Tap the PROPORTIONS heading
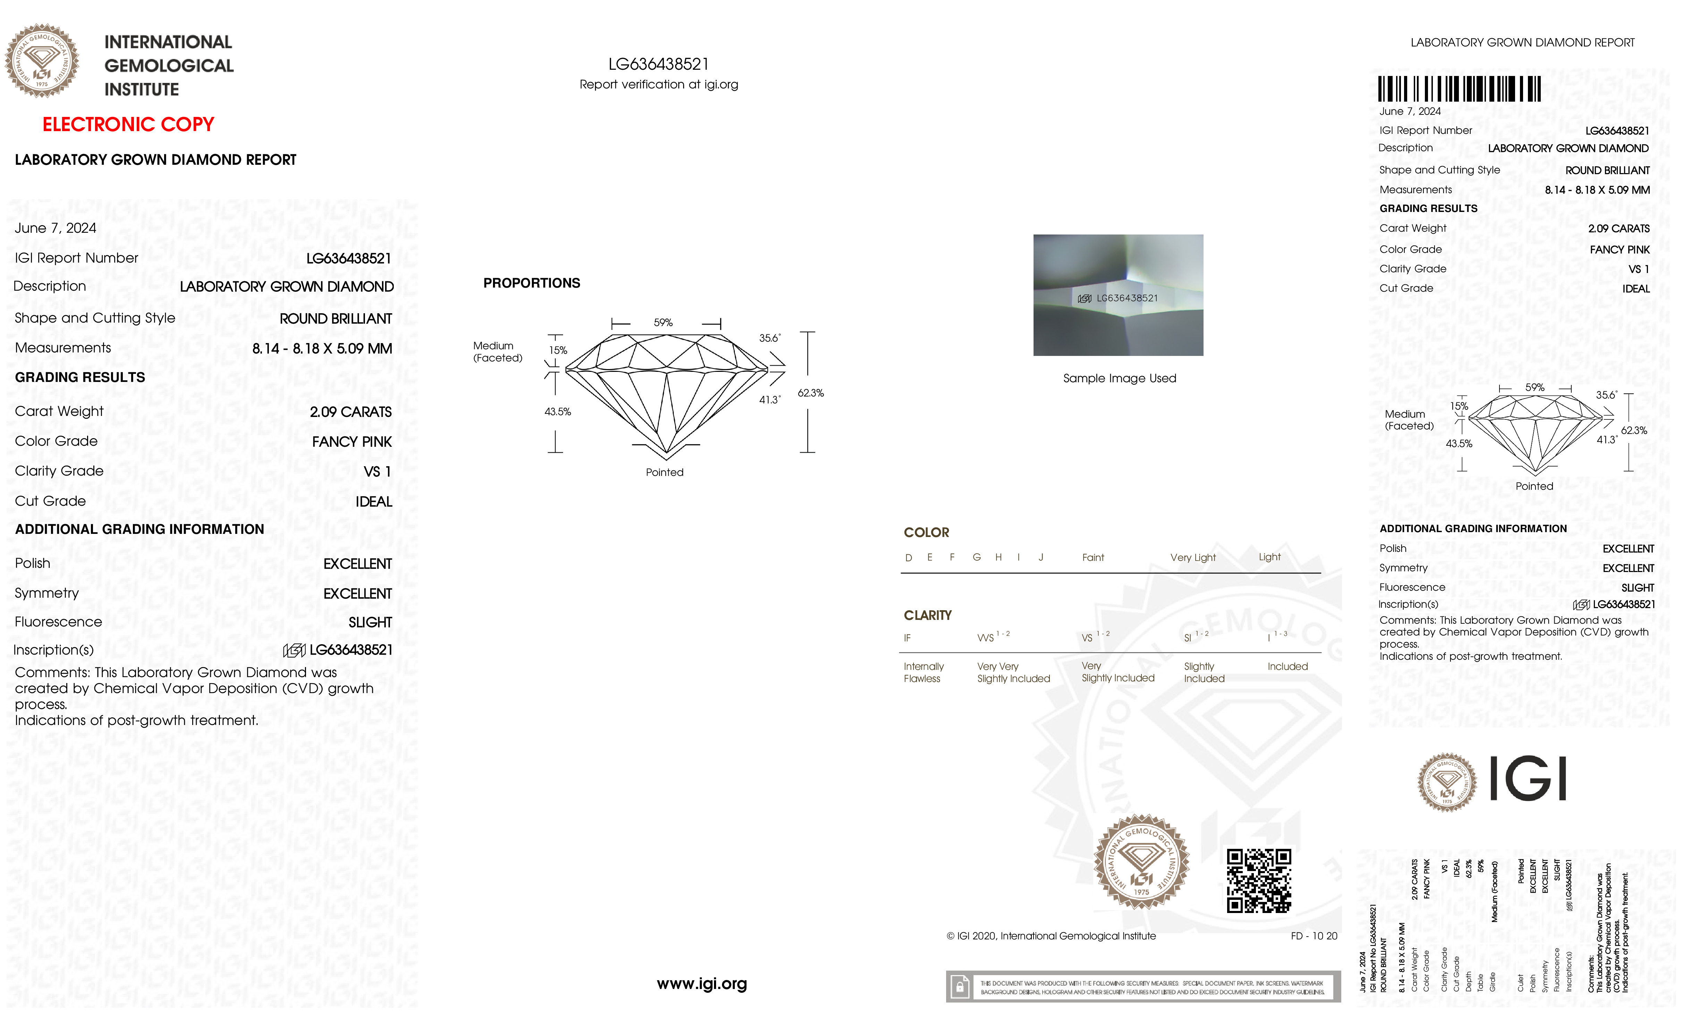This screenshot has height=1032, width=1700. click(531, 283)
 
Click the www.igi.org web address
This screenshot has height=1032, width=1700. click(702, 984)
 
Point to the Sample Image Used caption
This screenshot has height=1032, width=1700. click(1119, 378)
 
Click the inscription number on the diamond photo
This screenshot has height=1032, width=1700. click(1127, 298)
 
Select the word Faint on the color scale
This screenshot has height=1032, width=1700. click(1093, 557)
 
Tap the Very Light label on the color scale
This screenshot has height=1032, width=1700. click(1193, 557)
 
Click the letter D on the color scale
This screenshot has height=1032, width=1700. click(909, 557)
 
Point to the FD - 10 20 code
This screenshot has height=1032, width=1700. click(1314, 936)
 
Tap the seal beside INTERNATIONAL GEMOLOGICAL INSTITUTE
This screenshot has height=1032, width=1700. click(42, 61)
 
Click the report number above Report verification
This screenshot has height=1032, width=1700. click(658, 64)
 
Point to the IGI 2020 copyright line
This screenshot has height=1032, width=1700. click(1051, 936)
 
